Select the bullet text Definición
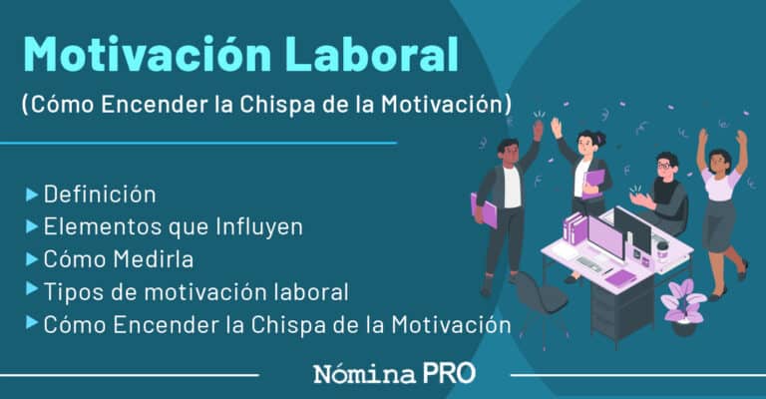[100, 194]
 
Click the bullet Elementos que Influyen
[173, 226]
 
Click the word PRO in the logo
[448, 375]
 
